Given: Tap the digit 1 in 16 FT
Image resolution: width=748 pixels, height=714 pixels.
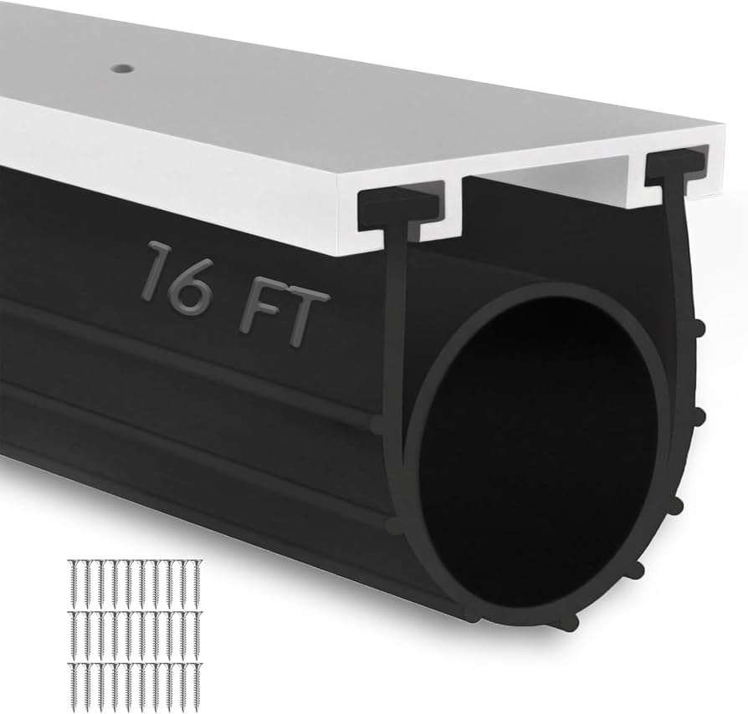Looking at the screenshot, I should (157, 272).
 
